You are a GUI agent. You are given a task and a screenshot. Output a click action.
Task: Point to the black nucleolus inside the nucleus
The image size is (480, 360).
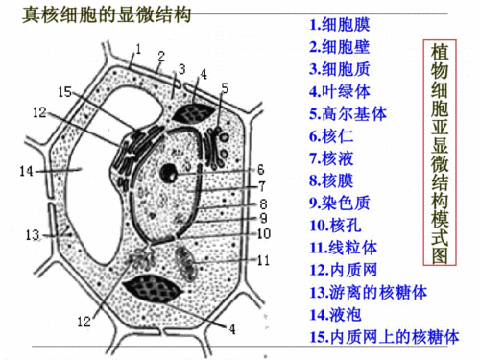point(169,175)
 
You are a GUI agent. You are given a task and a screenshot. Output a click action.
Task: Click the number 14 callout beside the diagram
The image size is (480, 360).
point(26,172)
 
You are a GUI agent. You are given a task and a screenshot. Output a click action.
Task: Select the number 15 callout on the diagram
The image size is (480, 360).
point(63,91)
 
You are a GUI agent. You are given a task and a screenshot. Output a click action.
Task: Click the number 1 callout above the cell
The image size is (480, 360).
point(138,46)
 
